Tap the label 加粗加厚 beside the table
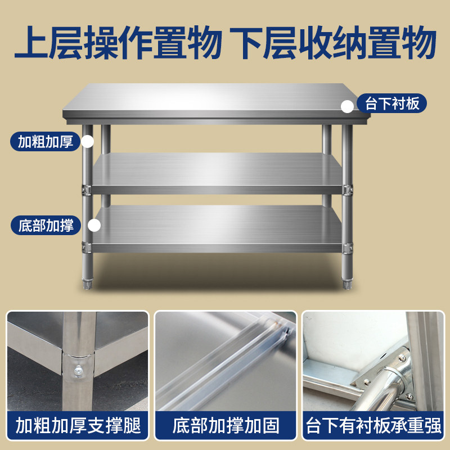(x=46, y=141)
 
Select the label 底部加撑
(x=46, y=226)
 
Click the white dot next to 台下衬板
(x=347, y=105)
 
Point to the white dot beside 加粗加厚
(x=87, y=141)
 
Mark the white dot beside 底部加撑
(x=94, y=226)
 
